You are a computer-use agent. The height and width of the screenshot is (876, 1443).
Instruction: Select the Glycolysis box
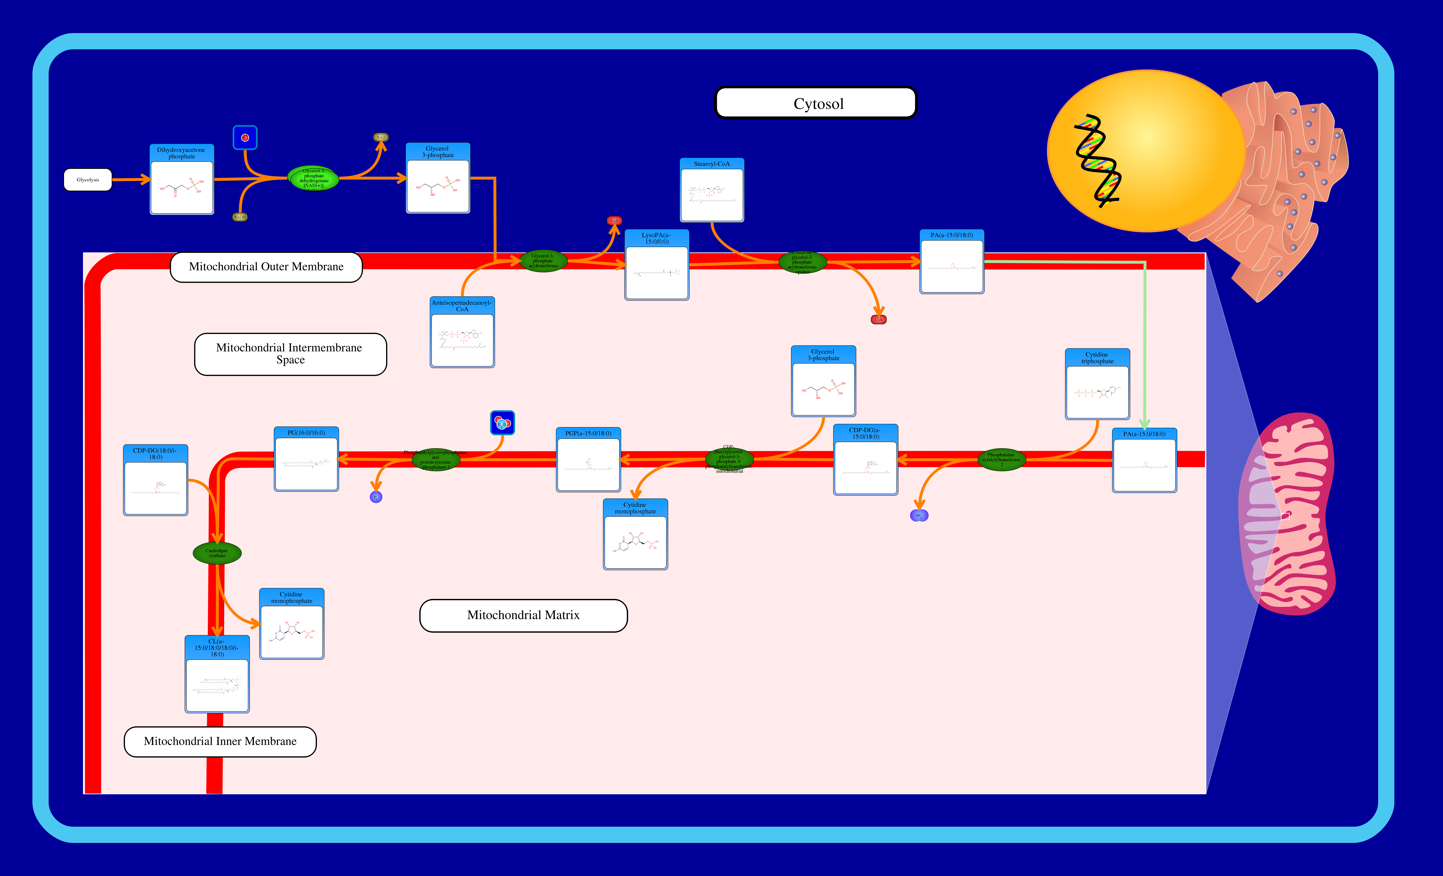pyautogui.click(x=88, y=180)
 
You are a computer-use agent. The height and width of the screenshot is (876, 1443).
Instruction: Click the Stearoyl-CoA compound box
pyautogui.click(x=712, y=190)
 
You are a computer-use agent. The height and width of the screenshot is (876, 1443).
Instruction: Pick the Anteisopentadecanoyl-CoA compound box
pyautogui.click(x=462, y=333)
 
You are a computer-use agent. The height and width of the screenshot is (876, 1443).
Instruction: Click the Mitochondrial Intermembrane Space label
pyautogui.click(x=291, y=354)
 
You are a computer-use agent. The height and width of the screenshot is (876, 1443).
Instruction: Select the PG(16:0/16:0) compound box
pyautogui.click(x=306, y=459)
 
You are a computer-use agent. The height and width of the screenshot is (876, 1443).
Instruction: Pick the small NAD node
pyautogui.click(x=381, y=137)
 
